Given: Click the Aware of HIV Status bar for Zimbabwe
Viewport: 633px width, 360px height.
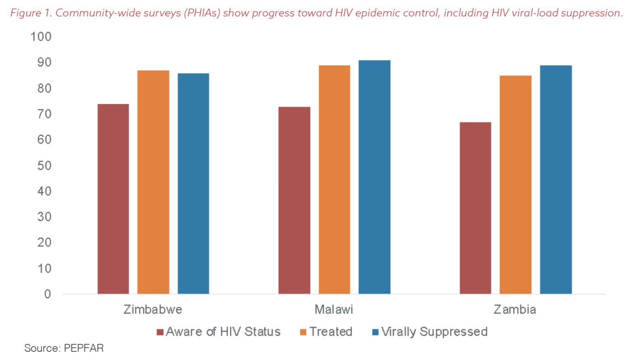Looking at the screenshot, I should (x=113, y=199).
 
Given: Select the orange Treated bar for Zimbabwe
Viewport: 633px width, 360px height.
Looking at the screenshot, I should (x=153, y=182).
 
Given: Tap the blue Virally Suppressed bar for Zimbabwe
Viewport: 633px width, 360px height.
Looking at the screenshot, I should (x=193, y=183).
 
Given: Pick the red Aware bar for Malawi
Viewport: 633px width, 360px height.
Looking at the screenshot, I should (x=294, y=200).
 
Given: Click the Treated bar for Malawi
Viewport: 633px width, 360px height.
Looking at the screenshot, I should (x=334, y=179).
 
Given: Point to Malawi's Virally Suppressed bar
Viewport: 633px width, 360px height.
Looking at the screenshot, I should (x=374, y=177).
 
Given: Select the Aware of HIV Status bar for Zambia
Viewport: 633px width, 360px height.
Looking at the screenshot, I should (x=475, y=208).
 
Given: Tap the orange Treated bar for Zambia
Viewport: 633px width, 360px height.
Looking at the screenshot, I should (x=516, y=184).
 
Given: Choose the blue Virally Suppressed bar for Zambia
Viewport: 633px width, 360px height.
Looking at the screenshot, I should (x=556, y=179).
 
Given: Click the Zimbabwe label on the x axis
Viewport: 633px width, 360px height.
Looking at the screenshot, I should (x=153, y=310).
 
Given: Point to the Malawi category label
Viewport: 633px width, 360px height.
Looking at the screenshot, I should (x=334, y=310).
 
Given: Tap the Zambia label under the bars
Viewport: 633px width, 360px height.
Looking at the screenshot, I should (x=515, y=310).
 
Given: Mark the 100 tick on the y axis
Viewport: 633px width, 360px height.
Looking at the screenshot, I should (x=41, y=37).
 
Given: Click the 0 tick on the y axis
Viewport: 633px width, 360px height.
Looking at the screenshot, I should (x=48, y=294).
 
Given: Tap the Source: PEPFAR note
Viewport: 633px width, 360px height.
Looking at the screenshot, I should (x=64, y=348).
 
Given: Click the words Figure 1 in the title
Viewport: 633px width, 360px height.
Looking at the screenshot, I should (x=31, y=13).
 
